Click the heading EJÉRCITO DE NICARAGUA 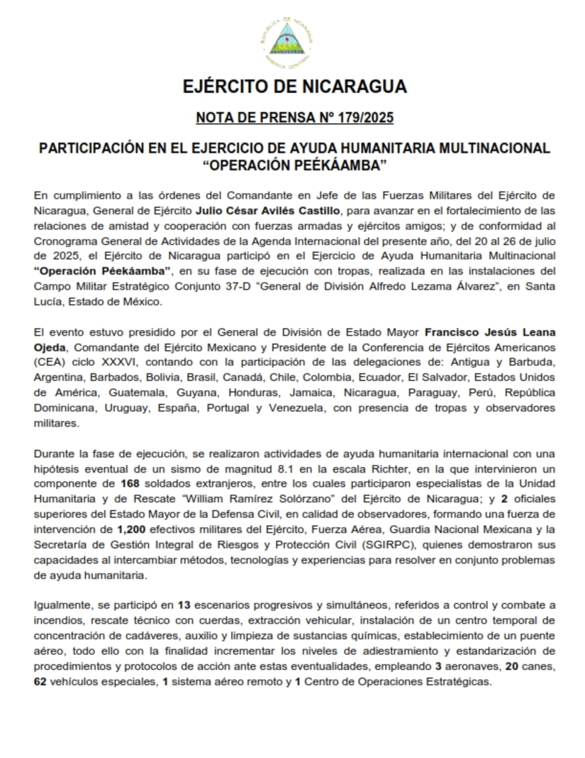294,87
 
